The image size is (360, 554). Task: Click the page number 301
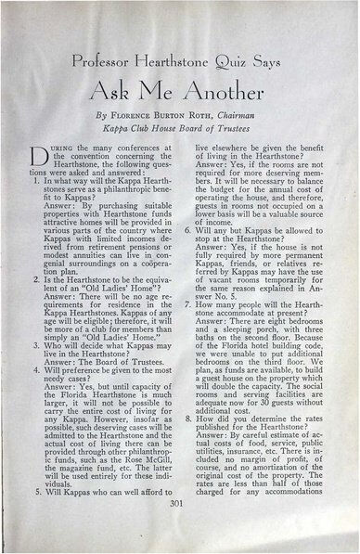point(179,528)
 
